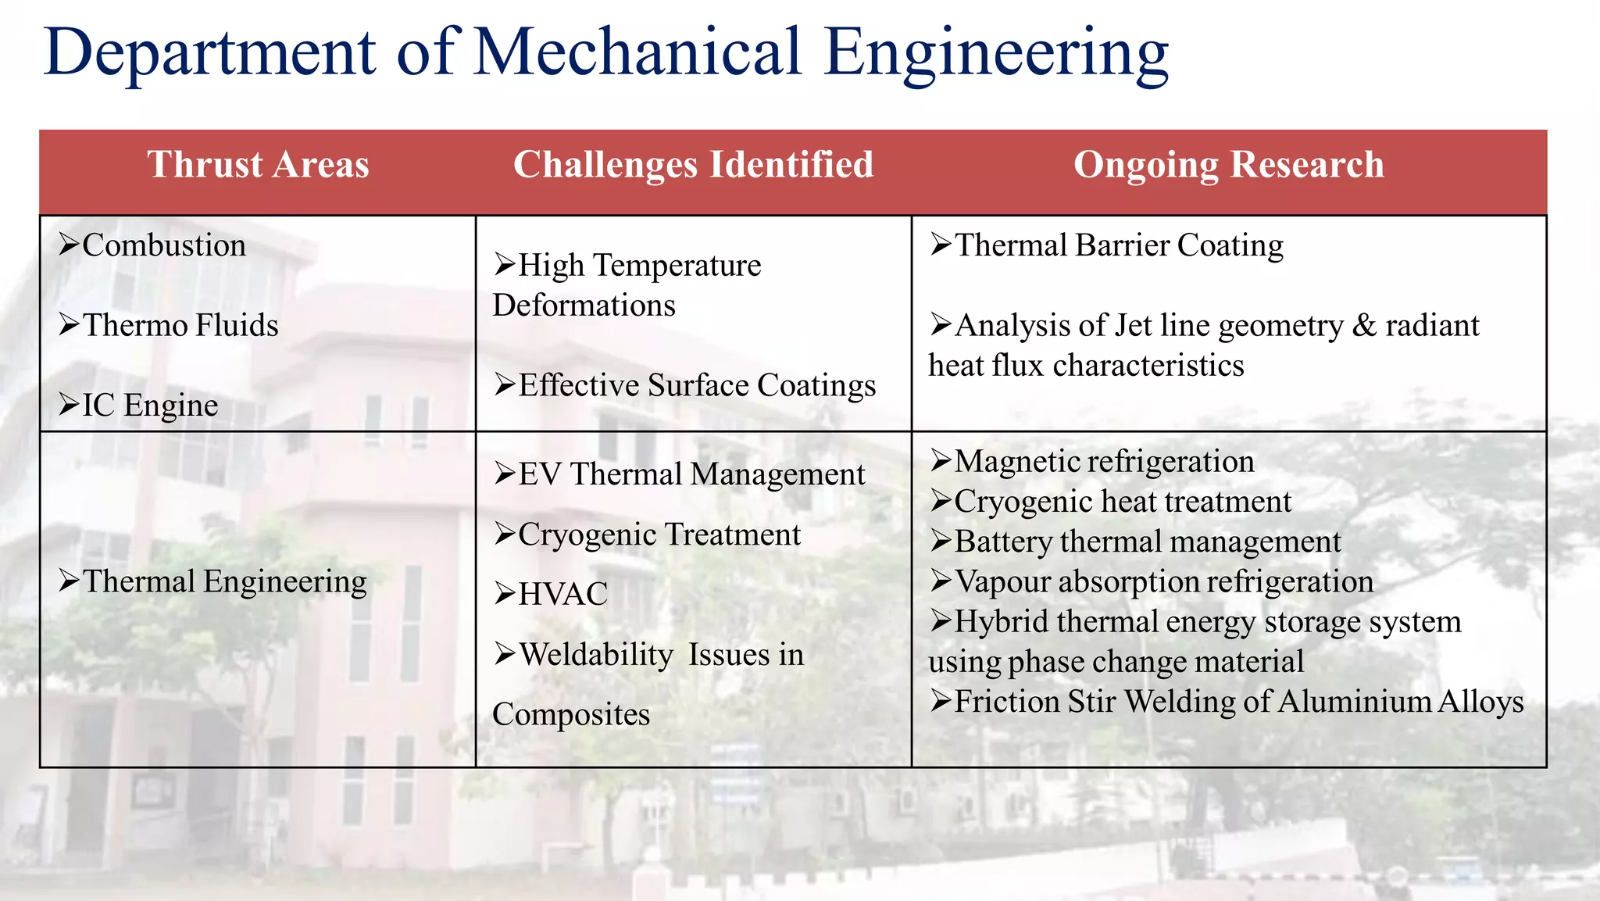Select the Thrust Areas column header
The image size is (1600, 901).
pos(258,165)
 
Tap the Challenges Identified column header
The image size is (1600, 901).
pos(693,165)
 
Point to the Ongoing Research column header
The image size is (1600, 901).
pos(1228,165)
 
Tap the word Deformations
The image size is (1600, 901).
pos(584,306)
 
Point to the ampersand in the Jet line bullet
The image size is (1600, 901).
pos(1363,325)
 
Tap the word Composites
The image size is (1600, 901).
pos(571,714)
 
